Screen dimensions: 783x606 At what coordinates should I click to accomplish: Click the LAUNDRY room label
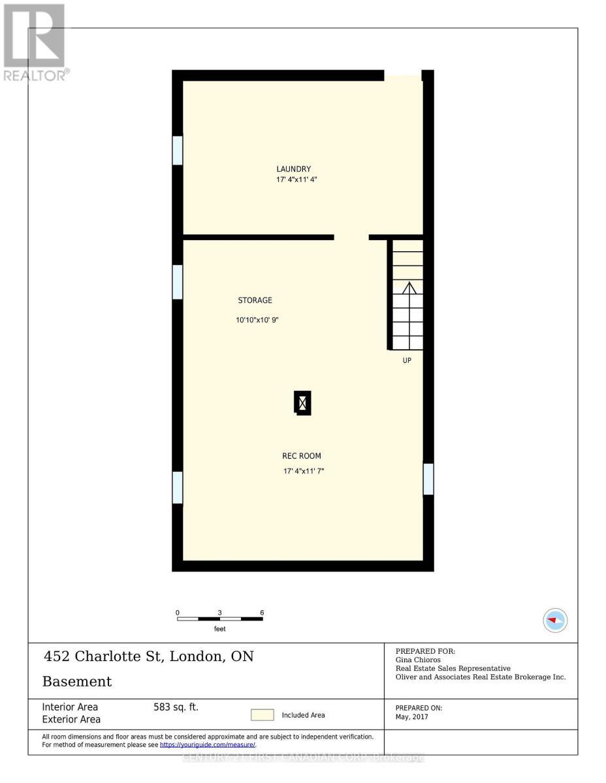click(x=293, y=169)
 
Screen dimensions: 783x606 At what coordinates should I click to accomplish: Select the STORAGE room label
click(x=255, y=300)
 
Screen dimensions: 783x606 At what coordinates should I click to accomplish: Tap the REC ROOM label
click(x=302, y=456)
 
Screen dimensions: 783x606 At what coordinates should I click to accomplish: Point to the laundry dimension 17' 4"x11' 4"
click(x=296, y=179)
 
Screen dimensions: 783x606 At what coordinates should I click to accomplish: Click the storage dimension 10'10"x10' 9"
click(x=258, y=320)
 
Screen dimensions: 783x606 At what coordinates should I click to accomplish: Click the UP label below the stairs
click(x=407, y=360)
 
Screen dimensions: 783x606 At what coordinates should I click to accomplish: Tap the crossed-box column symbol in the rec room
click(x=302, y=403)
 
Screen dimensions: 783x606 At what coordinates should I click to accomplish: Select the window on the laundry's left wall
click(x=177, y=150)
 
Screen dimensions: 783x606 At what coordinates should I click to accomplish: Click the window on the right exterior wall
click(x=428, y=479)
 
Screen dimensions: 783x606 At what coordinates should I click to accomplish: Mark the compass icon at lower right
click(x=555, y=620)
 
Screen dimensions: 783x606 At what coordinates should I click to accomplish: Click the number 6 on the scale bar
click(x=262, y=613)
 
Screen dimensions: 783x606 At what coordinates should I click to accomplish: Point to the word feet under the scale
click(x=220, y=629)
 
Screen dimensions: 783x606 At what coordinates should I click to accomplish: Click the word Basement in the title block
click(x=77, y=682)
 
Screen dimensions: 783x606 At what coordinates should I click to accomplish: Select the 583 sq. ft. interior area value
click(x=176, y=707)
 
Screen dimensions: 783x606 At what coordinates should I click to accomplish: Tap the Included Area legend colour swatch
click(x=263, y=715)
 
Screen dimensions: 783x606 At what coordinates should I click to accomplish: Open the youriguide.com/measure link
click(x=208, y=745)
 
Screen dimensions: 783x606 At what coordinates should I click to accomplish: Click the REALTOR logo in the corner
click(x=35, y=42)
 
